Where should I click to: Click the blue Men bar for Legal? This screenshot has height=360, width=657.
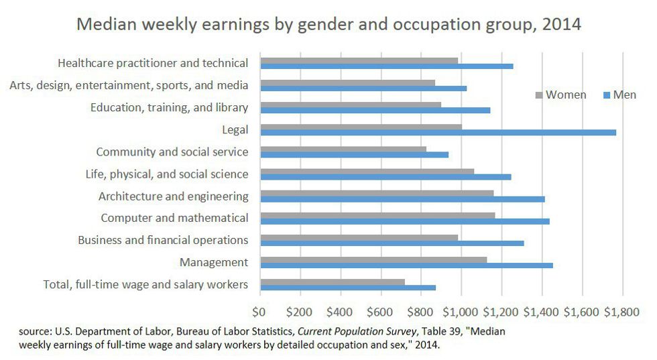point(438,133)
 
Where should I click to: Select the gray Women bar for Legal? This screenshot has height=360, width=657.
point(361,127)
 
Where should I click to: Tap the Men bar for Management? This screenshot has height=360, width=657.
point(406,265)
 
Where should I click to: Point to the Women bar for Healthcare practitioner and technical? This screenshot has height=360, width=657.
point(359,60)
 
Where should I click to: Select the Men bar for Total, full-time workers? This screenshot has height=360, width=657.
point(348,288)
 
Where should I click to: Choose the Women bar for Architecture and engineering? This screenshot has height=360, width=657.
point(377,193)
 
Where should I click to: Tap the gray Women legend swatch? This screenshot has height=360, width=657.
point(538,95)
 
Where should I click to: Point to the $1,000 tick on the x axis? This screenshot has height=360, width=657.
point(461,312)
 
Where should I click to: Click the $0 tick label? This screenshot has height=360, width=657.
point(259,312)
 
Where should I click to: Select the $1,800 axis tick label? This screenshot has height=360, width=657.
point(623,312)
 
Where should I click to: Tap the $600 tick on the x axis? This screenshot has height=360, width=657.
point(381,312)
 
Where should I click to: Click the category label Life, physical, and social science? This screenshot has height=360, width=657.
point(167,174)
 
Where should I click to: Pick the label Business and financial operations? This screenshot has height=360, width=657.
point(163,240)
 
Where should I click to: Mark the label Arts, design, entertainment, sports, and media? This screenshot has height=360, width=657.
point(129,85)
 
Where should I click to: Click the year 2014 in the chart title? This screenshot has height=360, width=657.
point(560,24)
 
